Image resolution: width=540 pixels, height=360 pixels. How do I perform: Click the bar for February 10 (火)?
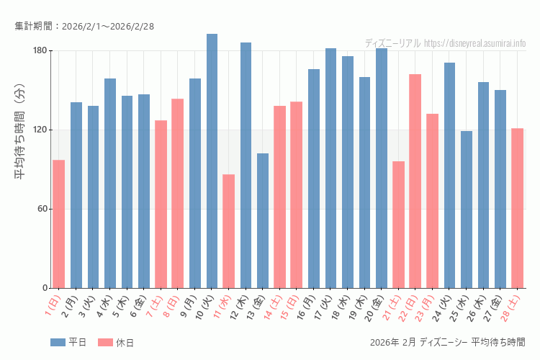(212, 161)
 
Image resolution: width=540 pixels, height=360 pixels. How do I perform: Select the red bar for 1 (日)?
(58, 224)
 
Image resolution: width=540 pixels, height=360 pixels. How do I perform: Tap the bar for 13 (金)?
(263, 220)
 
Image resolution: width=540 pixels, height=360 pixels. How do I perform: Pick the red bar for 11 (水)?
(229, 231)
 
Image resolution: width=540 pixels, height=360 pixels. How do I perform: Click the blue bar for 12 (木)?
(246, 166)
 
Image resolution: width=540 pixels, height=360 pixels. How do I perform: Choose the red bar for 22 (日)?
(415, 181)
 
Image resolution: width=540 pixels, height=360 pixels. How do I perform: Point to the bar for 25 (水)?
(467, 210)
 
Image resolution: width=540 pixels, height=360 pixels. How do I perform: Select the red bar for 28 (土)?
(517, 208)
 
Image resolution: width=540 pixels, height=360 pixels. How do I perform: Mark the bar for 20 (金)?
(382, 168)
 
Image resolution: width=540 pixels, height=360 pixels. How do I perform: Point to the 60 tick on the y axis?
(40, 209)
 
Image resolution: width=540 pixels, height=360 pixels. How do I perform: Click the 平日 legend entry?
(68, 342)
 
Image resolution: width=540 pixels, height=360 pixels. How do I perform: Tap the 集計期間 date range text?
(84, 27)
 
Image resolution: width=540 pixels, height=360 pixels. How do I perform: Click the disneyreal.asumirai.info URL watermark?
(474, 43)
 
